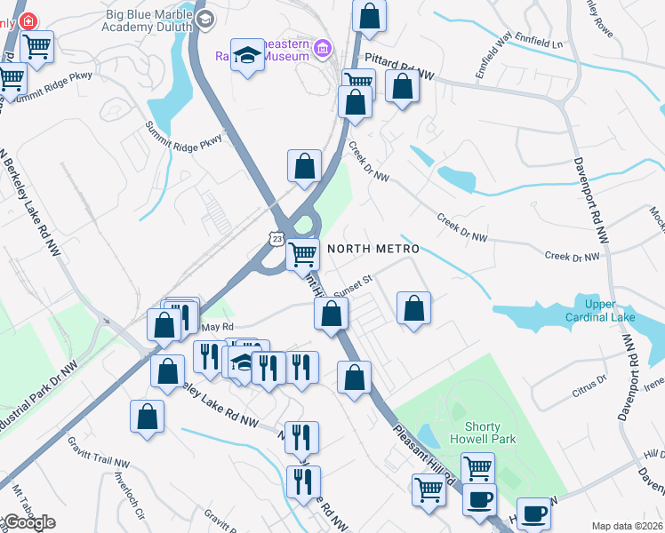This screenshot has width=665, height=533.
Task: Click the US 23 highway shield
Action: (x=277, y=240)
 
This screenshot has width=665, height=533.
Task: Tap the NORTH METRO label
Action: (x=373, y=249)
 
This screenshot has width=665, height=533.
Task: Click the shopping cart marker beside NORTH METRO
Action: (x=303, y=254)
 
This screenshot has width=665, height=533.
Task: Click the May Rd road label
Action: (x=211, y=328)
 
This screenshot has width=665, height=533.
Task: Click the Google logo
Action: (x=29, y=522)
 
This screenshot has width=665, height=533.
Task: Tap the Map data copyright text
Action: (x=627, y=526)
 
